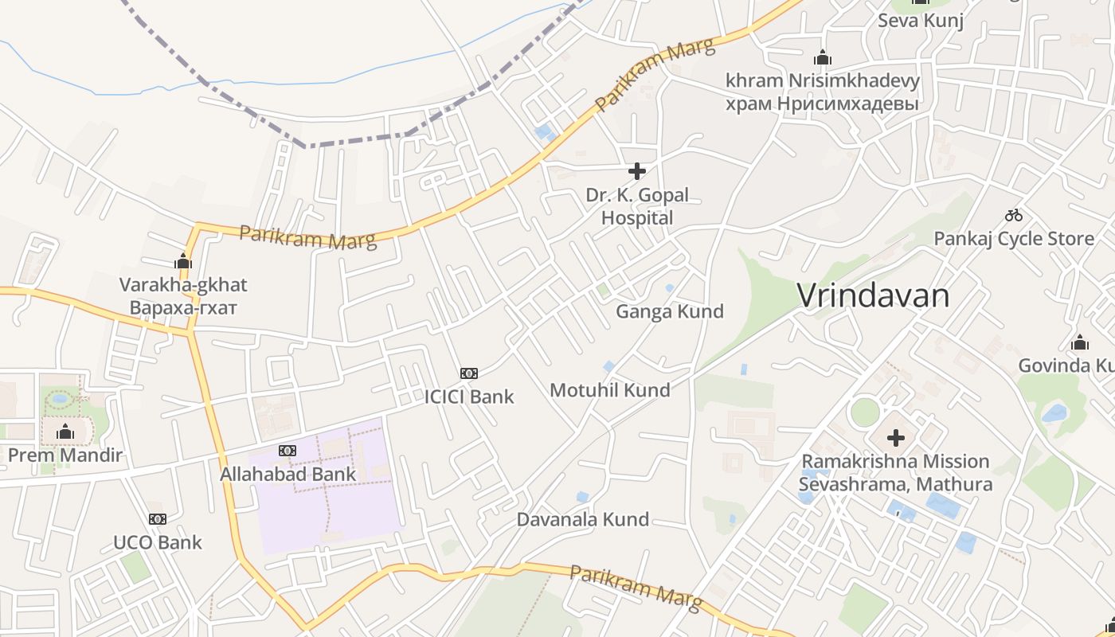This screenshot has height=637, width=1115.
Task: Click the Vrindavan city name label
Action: coord(873,295)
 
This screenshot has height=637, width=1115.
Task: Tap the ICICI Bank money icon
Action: coord(469,373)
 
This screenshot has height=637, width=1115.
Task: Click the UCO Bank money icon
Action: coord(158,519)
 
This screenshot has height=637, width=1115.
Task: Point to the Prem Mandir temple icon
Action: coord(65,432)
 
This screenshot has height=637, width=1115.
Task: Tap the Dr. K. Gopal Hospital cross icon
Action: coord(636,171)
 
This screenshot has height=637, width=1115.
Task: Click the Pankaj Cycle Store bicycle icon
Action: coord(1013,215)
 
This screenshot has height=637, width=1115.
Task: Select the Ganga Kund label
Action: coord(670,311)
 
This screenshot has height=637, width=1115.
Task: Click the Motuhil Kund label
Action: coord(610,390)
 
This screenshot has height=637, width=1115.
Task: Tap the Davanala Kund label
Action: coord(583,520)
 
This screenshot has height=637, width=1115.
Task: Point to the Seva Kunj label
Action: coord(921,21)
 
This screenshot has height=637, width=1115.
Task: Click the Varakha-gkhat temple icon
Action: coord(183,261)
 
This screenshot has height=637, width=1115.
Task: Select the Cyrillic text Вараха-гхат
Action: coord(183,307)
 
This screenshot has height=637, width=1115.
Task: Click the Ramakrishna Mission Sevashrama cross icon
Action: coord(896,437)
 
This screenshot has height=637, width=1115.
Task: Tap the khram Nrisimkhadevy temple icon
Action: coord(823,58)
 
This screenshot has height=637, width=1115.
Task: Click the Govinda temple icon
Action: coord(1080,342)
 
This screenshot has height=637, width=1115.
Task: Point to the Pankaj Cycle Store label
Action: coord(1014,239)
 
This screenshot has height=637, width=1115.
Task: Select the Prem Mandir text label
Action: coord(65,455)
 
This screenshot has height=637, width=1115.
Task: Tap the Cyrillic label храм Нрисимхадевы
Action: coord(823,104)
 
